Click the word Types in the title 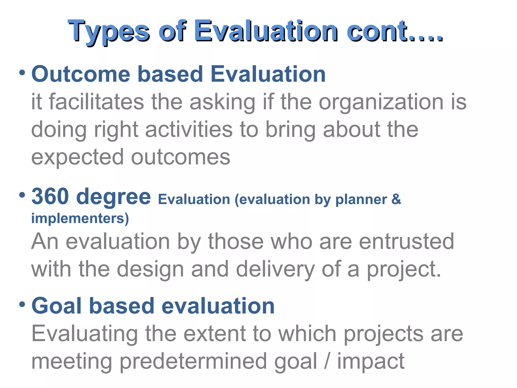point(109,32)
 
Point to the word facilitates point(96,102)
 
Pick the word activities point(189,130)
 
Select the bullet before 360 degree point(22,195)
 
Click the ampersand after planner point(396,199)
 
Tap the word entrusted point(406,241)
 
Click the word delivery point(275,269)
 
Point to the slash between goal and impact point(327,361)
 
